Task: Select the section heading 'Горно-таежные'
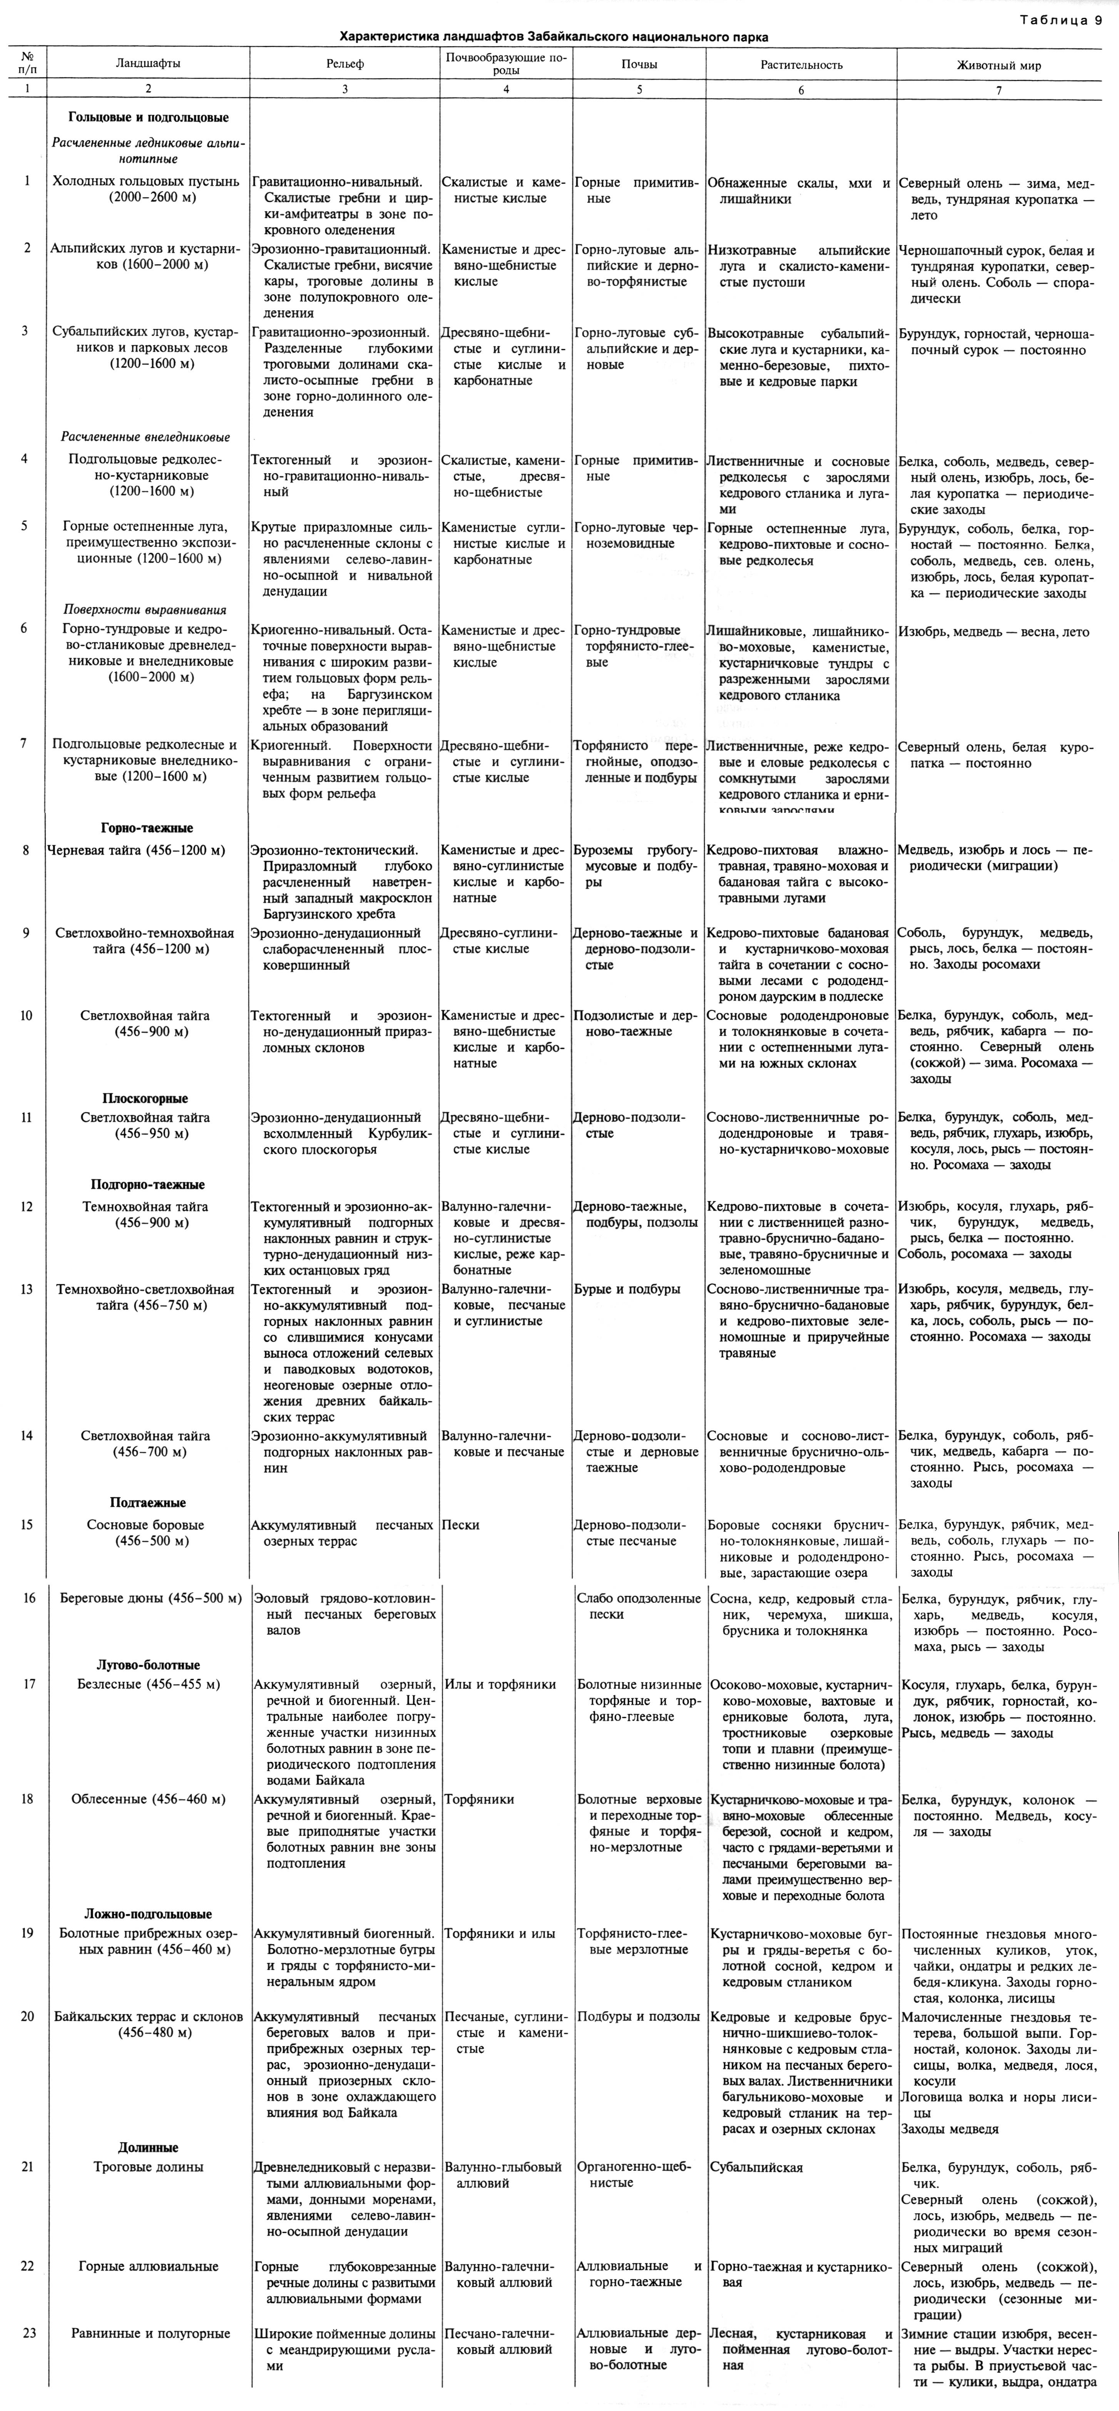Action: pos(147,827)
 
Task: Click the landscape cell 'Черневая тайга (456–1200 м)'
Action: pos(137,851)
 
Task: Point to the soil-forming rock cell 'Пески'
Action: pos(461,1525)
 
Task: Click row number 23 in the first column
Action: pos(29,2333)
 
